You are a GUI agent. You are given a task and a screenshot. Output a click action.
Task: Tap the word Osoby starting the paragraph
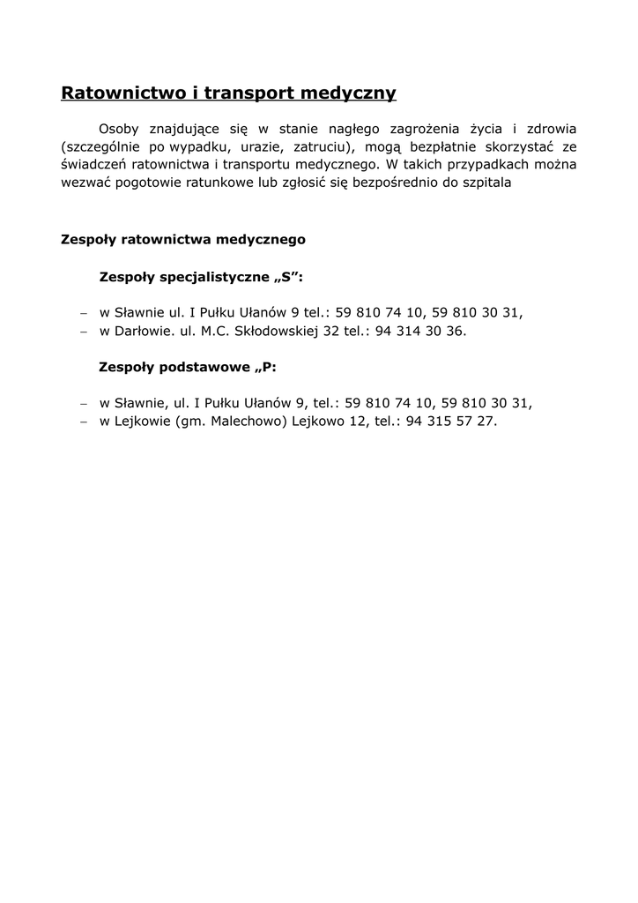[x=119, y=129]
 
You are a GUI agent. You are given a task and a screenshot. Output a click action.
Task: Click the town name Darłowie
[x=142, y=332]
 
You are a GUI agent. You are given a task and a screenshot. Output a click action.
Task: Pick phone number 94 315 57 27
[x=451, y=422]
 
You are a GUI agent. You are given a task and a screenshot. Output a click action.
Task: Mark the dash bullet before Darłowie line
[x=83, y=332]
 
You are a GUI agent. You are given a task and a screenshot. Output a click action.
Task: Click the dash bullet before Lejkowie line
[x=83, y=422]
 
